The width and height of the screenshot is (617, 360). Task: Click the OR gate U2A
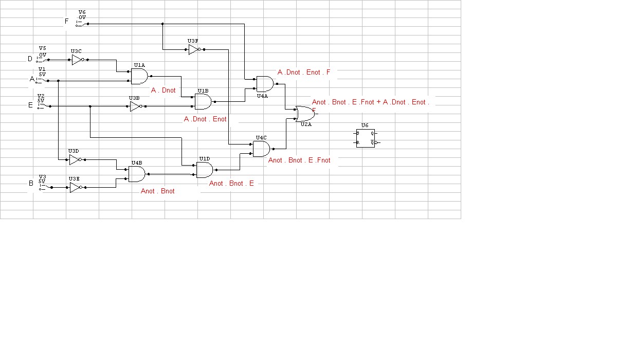point(305,113)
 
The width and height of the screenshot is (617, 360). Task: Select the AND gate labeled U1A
point(139,76)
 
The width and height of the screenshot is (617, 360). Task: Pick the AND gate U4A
point(265,83)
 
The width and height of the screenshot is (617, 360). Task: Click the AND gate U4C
point(261,149)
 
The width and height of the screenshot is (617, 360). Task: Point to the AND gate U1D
point(205,169)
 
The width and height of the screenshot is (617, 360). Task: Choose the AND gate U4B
point(136,174)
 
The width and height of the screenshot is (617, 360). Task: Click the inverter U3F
point(193,49)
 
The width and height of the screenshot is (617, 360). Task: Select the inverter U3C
point(77,60)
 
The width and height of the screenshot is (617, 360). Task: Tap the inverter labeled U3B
point(135,106)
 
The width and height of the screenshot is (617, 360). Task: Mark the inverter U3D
point(75,160)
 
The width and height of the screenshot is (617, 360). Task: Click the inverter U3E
point(75,188)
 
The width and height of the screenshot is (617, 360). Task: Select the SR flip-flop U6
point(365,138)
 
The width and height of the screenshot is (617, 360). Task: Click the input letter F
point(66,22)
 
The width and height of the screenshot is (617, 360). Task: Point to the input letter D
point(30,59)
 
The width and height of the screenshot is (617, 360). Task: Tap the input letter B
point(31,183)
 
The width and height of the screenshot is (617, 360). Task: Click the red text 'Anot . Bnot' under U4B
point(157,191)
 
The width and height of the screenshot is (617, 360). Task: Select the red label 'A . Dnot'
point(164,90)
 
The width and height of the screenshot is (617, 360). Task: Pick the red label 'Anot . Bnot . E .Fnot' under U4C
point(299,160)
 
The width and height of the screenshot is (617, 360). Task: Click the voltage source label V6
point(82,12)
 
